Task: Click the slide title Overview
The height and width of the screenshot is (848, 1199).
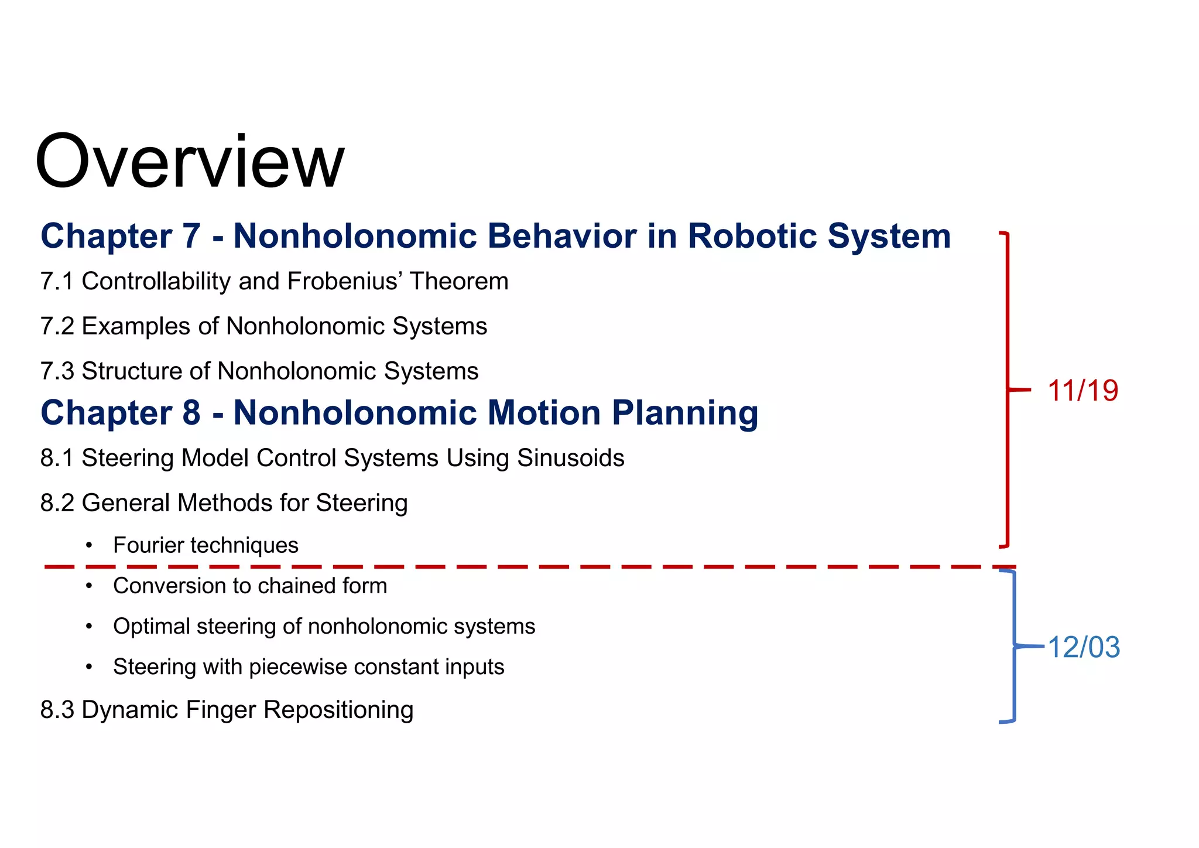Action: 190,162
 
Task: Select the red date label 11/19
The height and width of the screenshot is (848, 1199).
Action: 1082,391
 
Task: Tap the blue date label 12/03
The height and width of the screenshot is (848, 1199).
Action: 1084,647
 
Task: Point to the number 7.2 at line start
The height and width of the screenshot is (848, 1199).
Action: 57,327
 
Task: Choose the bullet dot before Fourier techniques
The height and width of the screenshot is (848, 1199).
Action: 89,546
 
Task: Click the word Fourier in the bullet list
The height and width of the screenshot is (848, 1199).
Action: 149,545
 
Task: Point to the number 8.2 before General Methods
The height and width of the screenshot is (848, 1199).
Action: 57,504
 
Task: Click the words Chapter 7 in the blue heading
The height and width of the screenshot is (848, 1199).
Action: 120,236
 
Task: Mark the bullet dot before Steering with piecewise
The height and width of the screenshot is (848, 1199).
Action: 89,667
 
